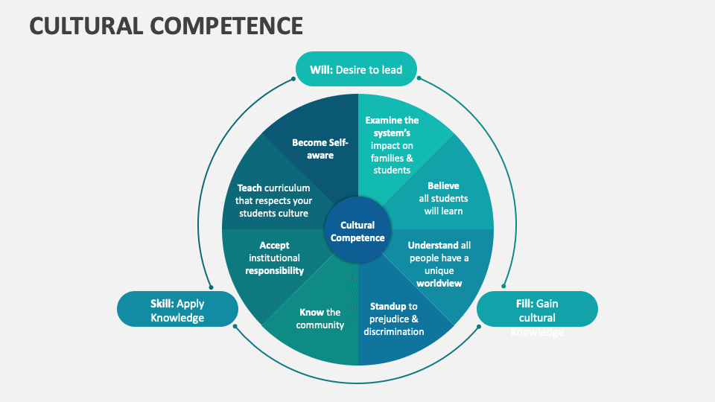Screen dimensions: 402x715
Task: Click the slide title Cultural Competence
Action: tap(166, 25)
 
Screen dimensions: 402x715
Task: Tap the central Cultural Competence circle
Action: tap(357, 231)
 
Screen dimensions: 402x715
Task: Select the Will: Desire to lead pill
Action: tap(356, 70)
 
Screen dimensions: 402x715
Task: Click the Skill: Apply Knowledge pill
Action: tap(177, 310)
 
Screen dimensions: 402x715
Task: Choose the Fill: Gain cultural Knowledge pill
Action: tap(537, 310)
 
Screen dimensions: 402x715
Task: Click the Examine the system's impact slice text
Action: tap(392, 145)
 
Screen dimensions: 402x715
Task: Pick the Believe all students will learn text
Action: tap(443, 198)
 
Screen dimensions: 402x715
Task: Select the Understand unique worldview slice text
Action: tap(439, 264)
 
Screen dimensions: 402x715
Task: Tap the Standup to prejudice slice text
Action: tap(394, 319)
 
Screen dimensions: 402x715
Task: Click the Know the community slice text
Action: tap(320, 319)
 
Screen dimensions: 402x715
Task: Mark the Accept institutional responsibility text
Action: tap(275, 258)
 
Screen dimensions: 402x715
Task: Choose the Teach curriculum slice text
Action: tap(275, 200)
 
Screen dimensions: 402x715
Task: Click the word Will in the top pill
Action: tap(320, 70)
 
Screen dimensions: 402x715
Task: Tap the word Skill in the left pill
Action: tap(161, 304)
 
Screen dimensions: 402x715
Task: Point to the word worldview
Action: tap(439, 283)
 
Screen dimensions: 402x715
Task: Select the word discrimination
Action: tap(394, 331)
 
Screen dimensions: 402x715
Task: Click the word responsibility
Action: tap(275, 271)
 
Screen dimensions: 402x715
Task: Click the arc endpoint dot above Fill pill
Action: tap(505, 287)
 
